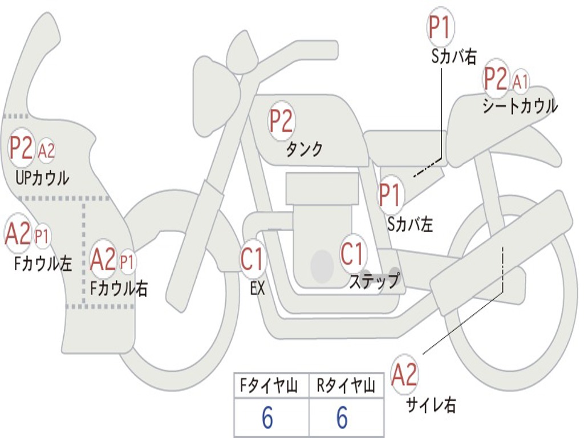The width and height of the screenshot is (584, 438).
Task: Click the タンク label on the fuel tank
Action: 305,149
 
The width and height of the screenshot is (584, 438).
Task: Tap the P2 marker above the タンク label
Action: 282,121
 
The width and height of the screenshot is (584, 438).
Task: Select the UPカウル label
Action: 42,178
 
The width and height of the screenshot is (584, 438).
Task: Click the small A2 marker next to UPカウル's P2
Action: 47,151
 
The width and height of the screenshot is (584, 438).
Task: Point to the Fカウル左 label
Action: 43,263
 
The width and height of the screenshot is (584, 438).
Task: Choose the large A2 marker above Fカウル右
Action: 103,259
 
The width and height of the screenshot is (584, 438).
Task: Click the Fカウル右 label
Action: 119,288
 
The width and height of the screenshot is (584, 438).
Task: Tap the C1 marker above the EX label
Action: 253,259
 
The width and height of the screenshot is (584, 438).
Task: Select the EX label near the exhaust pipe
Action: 258,288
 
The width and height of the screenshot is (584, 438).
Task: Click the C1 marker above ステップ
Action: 352,253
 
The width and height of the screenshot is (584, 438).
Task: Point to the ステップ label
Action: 375,281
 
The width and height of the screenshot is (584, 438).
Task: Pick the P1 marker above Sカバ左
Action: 391,194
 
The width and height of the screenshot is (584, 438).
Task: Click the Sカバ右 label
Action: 454,57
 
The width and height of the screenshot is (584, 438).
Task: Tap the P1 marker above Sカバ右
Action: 441,27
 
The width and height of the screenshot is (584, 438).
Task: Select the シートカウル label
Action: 520,106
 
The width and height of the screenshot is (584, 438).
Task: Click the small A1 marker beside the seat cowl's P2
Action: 521,81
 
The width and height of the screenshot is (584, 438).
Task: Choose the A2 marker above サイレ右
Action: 404,374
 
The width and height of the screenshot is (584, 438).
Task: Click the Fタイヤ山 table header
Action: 269,386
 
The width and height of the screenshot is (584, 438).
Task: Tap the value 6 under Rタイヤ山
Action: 342,417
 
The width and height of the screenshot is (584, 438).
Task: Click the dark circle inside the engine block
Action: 322,266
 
